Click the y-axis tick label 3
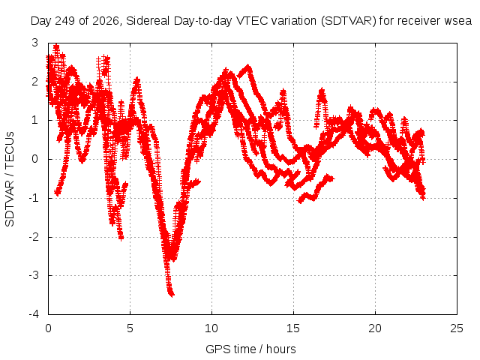[x=35, y=43]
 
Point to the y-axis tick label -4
[x=34, y=314]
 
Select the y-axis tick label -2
[x=34, y=237]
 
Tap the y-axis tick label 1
[x=35, y=120]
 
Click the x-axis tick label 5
[x=130, y=328]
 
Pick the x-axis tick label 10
[x=211, y=328]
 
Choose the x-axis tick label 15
[x=293, y=328]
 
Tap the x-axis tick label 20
[x=375, y=328]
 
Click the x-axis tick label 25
[x=457, y=328]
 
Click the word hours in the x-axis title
[x=281, y=349]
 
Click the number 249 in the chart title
[x=64, y=21]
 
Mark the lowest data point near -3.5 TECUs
[x=172, y=295]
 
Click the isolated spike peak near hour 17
[x=322, y=90]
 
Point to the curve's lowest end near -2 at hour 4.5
[x=121, y=237]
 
